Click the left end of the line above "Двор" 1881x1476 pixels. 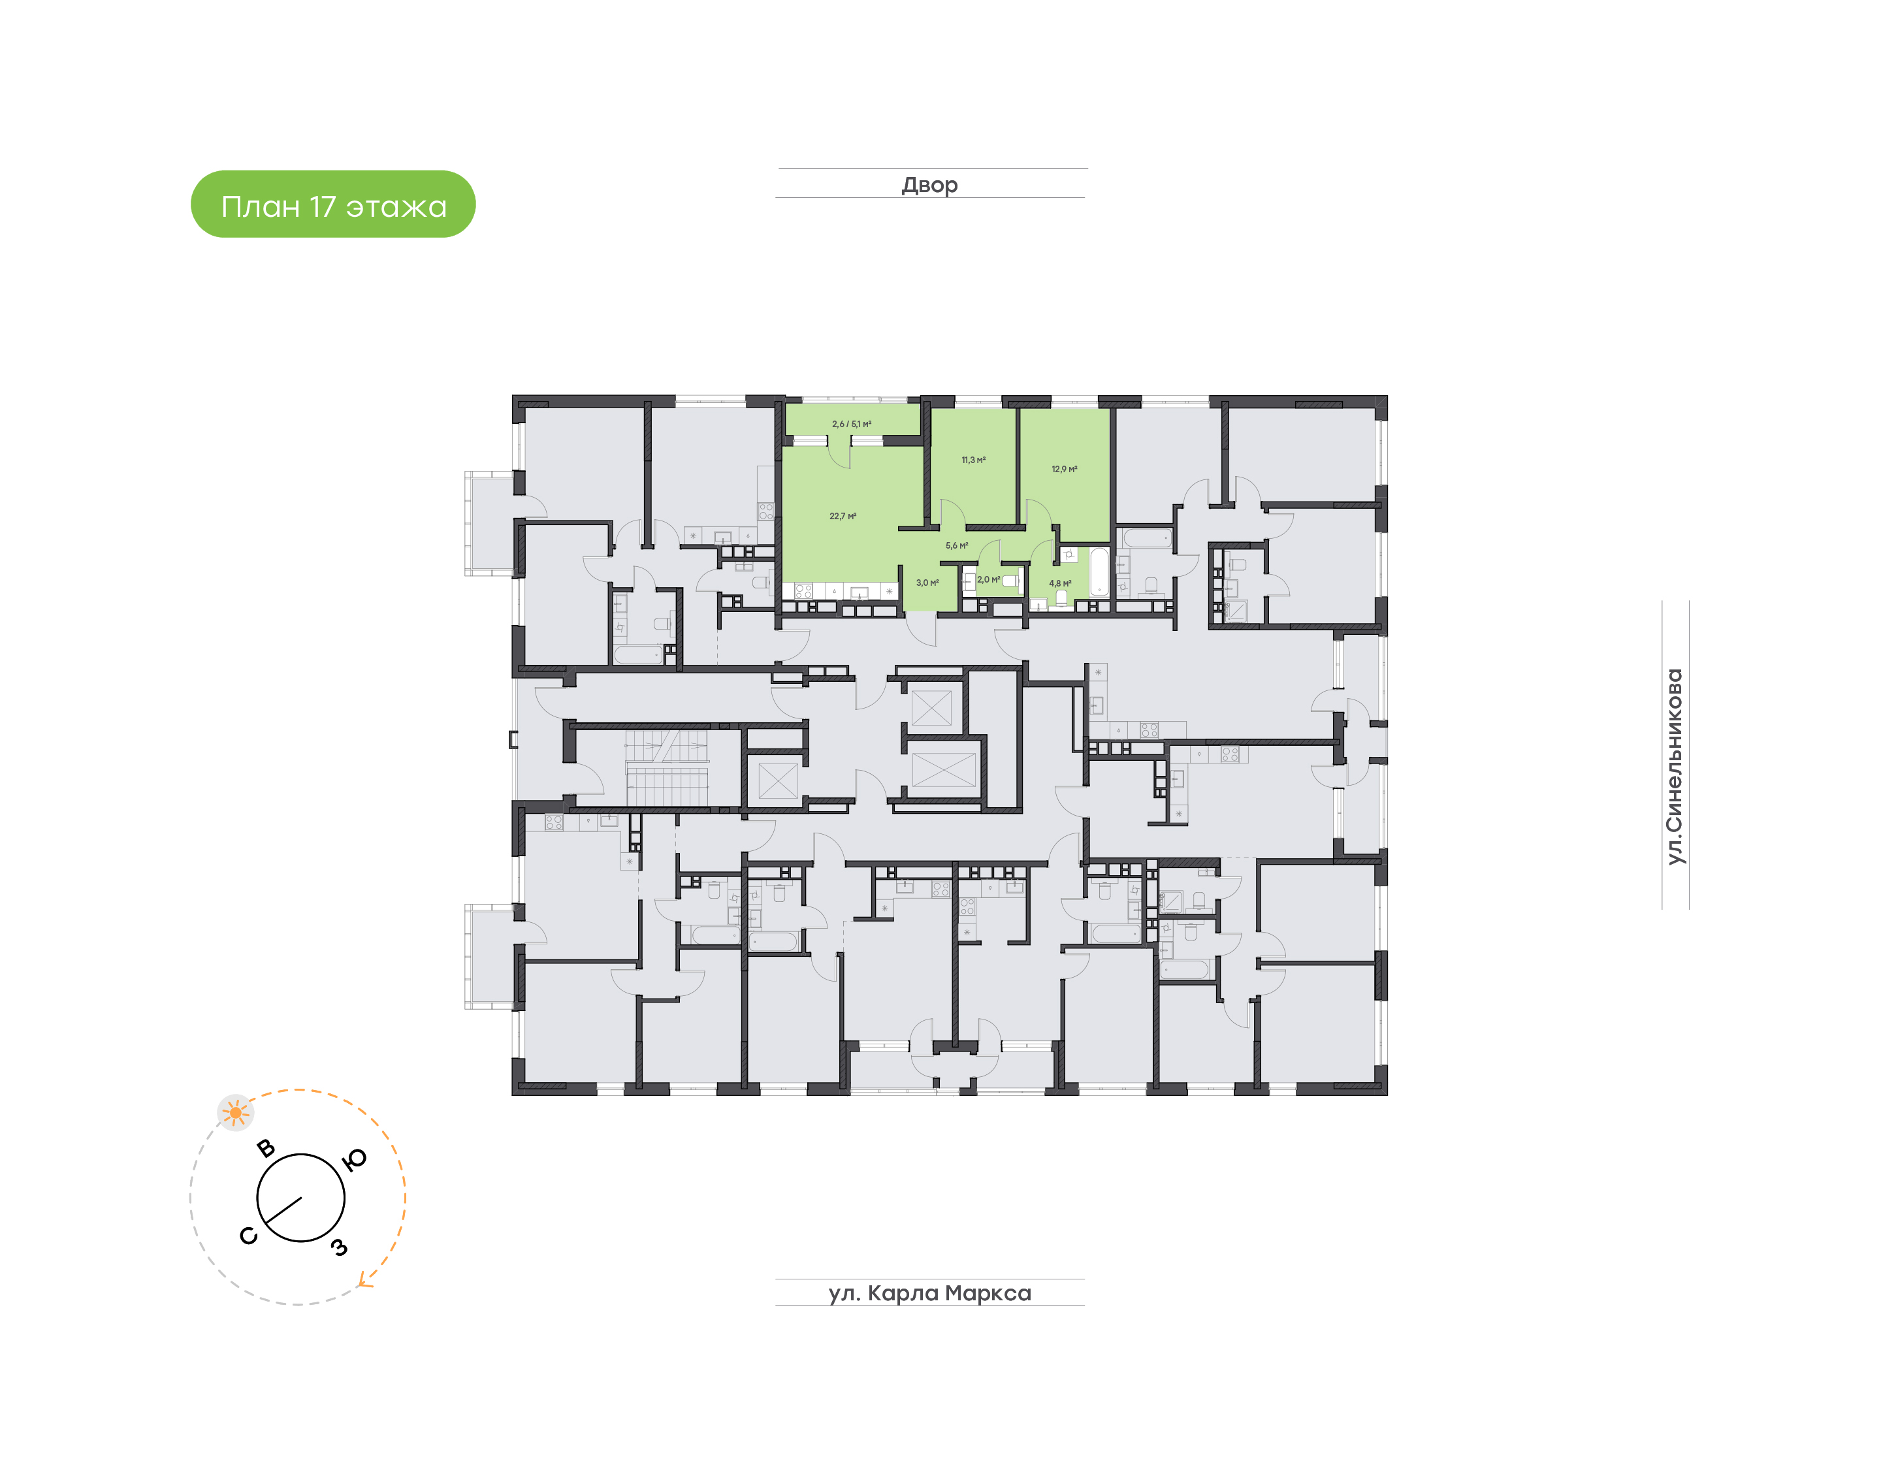pos(779,168)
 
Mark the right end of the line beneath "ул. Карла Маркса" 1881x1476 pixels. pos(1084,1305)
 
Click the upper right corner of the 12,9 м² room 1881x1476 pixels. pos(1110,409)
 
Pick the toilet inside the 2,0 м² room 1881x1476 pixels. pos(1010,580)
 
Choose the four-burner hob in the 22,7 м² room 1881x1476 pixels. pos(803,591)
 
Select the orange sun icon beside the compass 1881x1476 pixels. pos(235,1112)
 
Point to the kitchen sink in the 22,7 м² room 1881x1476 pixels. pos(860,592)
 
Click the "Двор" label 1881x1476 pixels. pos(929,185)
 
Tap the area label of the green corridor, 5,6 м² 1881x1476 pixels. pos(956,546)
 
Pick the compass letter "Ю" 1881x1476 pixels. pos(354,1160)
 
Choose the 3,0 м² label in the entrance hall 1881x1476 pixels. pos(927,583)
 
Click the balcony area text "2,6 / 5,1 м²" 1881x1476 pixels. pos(851,425)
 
